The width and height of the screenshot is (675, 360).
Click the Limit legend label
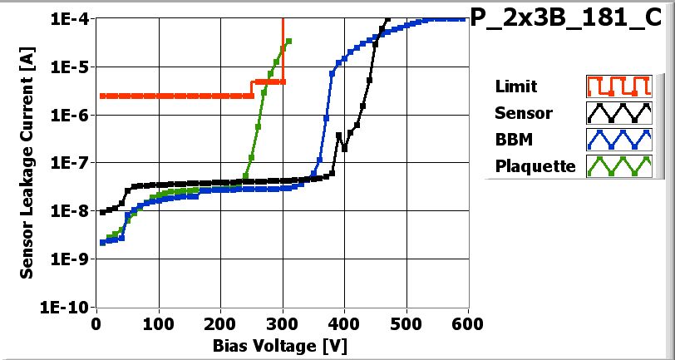515,86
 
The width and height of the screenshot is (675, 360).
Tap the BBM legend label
512,140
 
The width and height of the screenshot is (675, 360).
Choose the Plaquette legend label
535,166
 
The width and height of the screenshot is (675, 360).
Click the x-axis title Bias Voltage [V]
283,343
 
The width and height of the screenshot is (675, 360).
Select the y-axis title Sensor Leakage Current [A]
27,162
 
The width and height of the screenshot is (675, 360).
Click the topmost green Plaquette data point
288,41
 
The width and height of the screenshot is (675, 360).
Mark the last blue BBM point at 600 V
462,19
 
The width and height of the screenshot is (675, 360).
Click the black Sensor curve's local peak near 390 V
338,135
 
